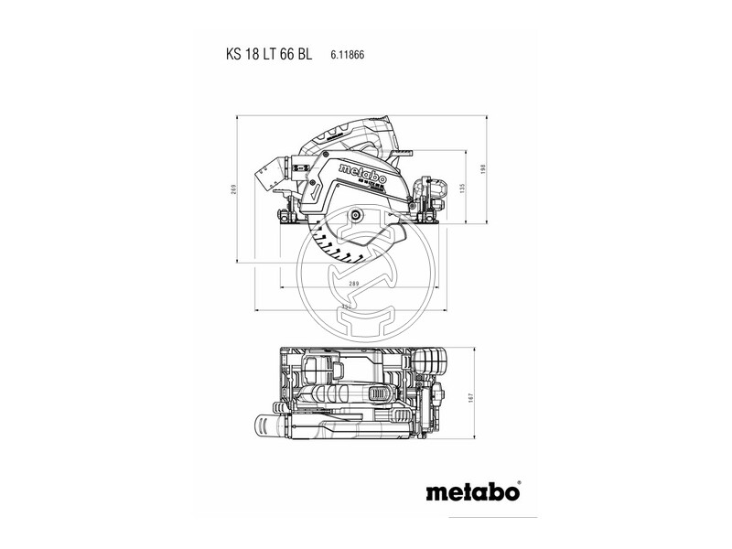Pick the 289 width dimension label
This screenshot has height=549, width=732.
click(x=353, y=285)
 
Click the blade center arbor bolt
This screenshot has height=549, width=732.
click(x=356, y=215)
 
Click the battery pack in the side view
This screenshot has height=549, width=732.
click(x=425, y=195)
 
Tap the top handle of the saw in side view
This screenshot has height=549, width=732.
click(x=348, y=133)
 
